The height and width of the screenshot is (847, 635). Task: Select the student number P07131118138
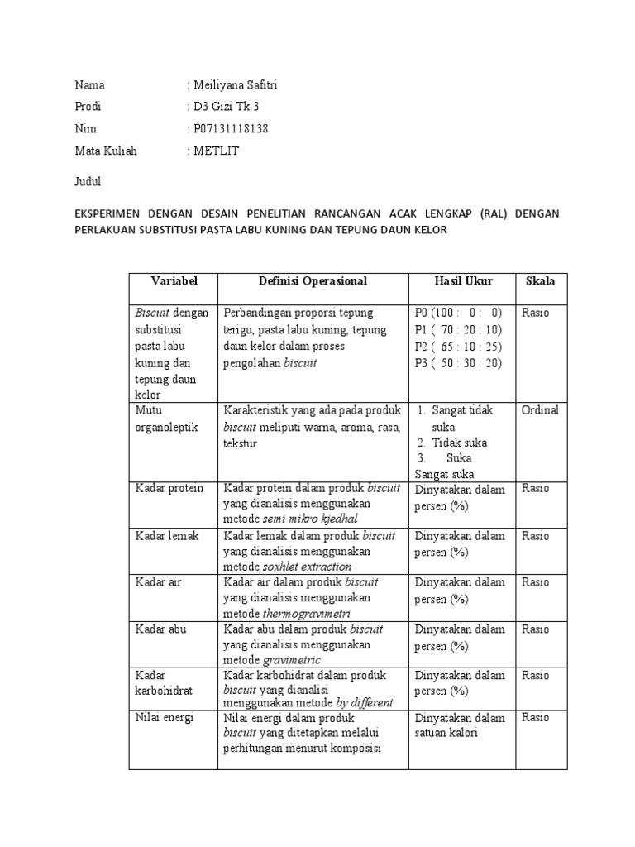[x=232, y=129]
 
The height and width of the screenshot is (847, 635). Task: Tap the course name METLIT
[x=216, y=151]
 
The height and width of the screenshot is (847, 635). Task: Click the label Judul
[x=87, y=180]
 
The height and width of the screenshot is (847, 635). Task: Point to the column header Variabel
[x=173, y=281]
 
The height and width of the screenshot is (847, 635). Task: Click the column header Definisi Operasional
[x=313, y=281]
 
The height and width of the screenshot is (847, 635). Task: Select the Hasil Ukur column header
[x=463, y=281]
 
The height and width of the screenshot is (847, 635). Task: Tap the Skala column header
[x=540, y=281]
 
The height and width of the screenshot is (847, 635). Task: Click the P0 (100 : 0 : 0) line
[x=458, y=313]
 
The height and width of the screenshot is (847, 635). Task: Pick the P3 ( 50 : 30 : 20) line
[x=458, y=363]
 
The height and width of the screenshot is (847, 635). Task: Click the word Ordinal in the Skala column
[x=540, y=410]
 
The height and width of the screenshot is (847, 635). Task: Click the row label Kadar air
[x=160, y=582]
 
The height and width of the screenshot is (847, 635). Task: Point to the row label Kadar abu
[x=160, y=629]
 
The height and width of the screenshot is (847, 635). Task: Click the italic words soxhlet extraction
[x=307, y=567]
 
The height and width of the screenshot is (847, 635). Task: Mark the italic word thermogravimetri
[x=306, y=614]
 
